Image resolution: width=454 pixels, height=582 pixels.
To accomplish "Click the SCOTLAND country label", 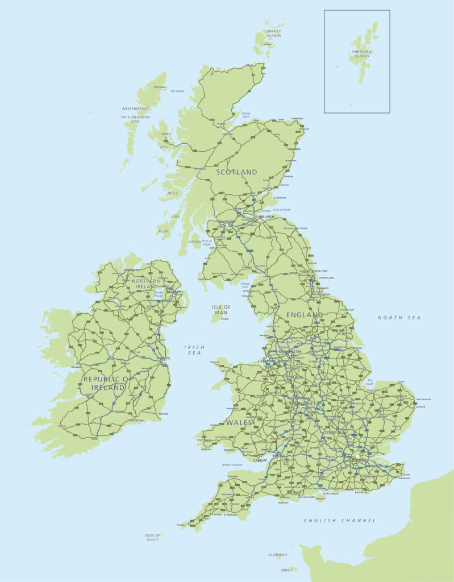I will tap(236, 172).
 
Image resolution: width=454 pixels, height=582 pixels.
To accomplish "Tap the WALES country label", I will tap(239, 422).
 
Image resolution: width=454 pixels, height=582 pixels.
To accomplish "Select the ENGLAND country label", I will tap(304, 314).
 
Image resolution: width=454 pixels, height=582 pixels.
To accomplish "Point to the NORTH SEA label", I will tap(399, 318).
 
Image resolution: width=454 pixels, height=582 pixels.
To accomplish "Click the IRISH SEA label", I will tap(194, 350).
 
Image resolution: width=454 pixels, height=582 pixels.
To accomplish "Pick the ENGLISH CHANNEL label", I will tap(340, 521).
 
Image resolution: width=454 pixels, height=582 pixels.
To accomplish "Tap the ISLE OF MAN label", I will tap(221, 310).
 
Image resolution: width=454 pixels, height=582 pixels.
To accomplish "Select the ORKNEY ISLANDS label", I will tap(274, 34).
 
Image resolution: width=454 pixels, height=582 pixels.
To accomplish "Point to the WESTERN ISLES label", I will tap(135, 109).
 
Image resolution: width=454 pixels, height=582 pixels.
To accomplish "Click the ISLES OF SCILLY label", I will tap(153, 537).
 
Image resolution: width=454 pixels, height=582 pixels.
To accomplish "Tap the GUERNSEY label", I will tap(278, 555).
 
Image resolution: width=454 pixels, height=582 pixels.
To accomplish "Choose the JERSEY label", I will tap(285, 569).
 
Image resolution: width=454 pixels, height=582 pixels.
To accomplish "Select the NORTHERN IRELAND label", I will tap(146, 284).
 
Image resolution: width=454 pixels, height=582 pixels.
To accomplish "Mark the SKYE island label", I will tap(164, 147).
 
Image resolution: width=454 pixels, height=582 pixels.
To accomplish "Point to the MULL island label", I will tap(172, 193).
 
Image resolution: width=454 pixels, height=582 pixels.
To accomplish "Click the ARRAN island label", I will tap(195, 242).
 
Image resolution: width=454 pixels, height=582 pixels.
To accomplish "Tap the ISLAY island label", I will tap(164, 231).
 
